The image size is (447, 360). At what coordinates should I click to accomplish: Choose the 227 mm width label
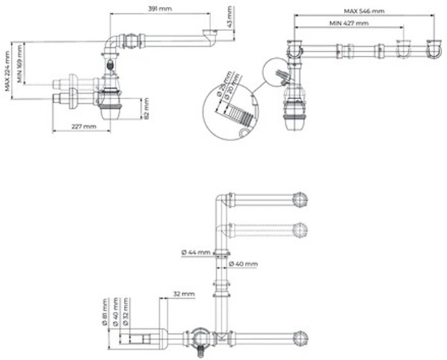pyautogui.click(x=83, y=127)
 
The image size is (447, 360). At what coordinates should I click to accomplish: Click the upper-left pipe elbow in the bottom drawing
pyautogui.click(x=221, y=202)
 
